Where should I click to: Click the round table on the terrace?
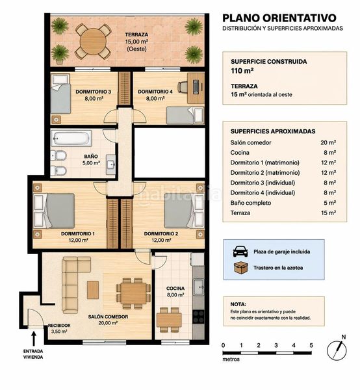click(x=93, y=42)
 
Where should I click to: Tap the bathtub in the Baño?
click(x=71, y=138)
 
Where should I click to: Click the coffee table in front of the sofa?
click(x=93, y=290)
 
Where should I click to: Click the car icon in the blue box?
click(x=240, y=252)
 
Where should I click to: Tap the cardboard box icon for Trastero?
click(x=241, y=268)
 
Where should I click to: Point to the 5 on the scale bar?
click(x=311, y=345)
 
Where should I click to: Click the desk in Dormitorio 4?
click(x=196, y=88)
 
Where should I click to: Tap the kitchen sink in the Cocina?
click(x=199, y=287)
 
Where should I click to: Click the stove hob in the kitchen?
click(x=198, y=317)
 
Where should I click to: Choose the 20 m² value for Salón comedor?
click(x=328, y=142)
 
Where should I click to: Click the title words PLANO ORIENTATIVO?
click(x=279, y=18)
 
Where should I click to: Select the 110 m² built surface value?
click(x=242, y=71)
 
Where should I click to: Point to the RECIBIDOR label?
click(x=59, y=326)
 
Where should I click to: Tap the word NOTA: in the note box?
click(x=238, y=304)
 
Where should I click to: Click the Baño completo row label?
click(x=251, y=203)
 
